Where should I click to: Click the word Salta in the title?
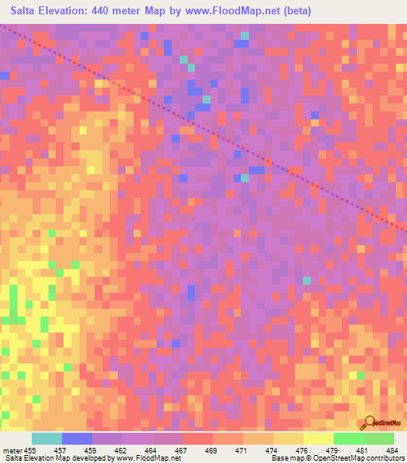coord(27,11)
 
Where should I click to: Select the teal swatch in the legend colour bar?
coord(47,438)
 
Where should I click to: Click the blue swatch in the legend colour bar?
coord(77,438)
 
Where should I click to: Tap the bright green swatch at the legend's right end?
coord(379,438)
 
